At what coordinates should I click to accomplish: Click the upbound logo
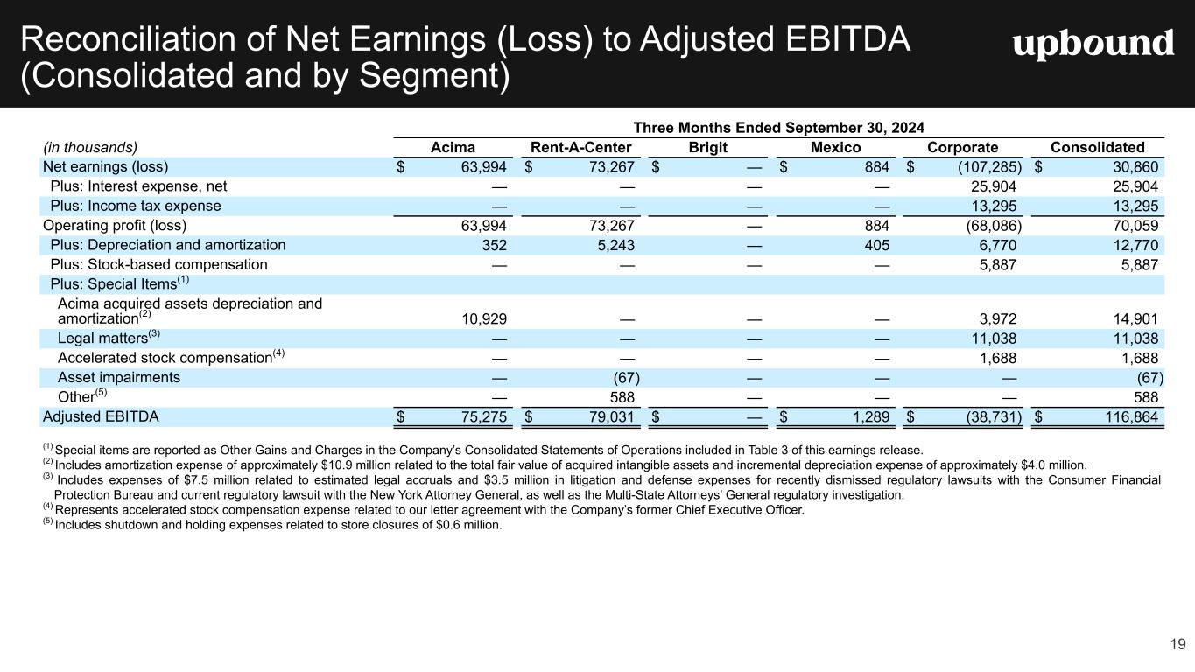(x=1093, y=45)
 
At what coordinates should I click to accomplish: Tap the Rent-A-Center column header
(x=580, y=147)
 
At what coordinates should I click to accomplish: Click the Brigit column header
(x=707, y=147)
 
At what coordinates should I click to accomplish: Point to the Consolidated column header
(x=1099, y=147)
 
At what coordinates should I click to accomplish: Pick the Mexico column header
(x=835, y=147)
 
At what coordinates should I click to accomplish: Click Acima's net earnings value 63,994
(x=480, y=167)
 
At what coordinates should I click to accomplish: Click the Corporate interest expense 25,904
(x=994, y=186)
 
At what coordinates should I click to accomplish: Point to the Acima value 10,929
(x=481, y=318)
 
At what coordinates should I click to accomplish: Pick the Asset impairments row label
(x=119, y=377)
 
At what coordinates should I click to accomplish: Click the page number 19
(x=1177, y=645)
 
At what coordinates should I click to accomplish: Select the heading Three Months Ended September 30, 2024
(x=779, y=127)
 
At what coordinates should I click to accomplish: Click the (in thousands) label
(x=90, y=147)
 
